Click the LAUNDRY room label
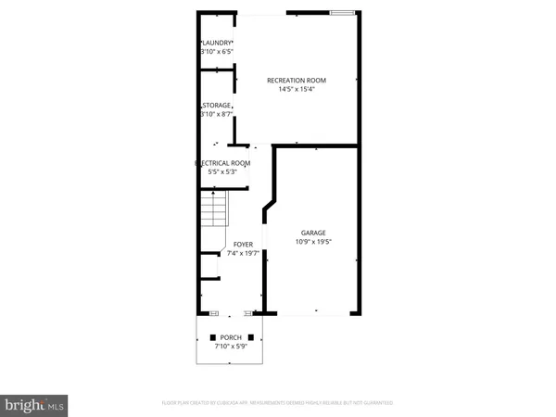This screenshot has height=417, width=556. (218, 44)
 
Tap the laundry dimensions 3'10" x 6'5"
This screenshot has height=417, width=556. (218, 53)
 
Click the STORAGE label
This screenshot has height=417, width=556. (218, 106)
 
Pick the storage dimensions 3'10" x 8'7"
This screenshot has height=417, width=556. (218, 115)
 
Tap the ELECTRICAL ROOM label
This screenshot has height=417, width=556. (222, 162)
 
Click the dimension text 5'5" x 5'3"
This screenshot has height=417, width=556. (222, 171)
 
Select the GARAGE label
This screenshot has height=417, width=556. (312, 233)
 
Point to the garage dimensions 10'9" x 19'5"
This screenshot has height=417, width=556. (312, 242)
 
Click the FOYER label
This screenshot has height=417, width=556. (243, 245)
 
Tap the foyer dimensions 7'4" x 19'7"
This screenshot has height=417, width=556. (243, 254)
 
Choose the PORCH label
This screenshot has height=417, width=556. (230, 336)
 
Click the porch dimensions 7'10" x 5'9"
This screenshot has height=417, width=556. (230, 346)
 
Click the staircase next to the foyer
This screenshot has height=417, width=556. (214, 209)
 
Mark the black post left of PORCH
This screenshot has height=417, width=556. (213, 336)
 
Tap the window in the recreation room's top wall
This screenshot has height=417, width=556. (342, 13)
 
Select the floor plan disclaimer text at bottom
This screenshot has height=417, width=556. (278, 403)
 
